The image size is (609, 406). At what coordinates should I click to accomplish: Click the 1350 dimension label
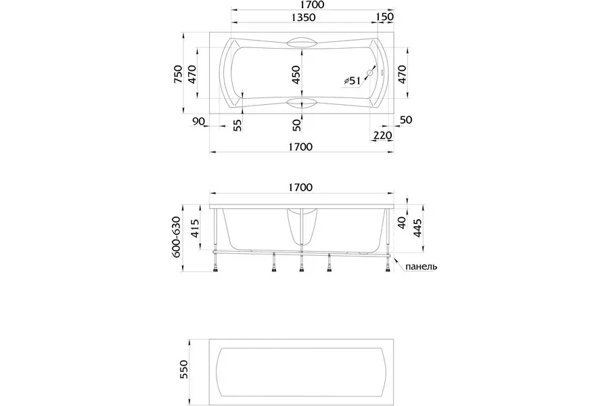click(x=303, y=18)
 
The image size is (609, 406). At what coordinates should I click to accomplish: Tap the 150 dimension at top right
click(x=385, y=17)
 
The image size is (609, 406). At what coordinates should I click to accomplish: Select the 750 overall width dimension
click(x=178, y=74)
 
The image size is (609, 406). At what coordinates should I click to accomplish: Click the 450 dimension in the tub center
click(x=296, y=74)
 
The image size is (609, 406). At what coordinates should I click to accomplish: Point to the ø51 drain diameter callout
click(x=353, y=81)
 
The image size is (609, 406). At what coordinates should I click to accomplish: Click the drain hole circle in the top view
click(x=371, y=72)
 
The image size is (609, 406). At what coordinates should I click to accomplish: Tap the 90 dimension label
click(x=198, y=121)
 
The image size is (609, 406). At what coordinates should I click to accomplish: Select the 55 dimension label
click(x=238, y=125)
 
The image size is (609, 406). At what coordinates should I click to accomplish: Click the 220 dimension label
click(x=382, y=135)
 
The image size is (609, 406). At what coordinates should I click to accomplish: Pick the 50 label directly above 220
click(x=406, y=120)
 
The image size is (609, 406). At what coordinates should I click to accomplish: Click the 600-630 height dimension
click(x=177, y=238)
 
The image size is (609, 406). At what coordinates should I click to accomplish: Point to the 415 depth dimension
click(x=195, y=229)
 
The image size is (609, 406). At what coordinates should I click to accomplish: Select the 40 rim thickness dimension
click(x=402, y=223)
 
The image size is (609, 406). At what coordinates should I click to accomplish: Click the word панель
click(x=422, y=267)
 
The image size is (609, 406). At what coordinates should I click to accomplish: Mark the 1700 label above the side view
click(x=300, y=187)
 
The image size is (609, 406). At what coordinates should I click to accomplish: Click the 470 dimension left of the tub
click(x=192, y=74)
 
